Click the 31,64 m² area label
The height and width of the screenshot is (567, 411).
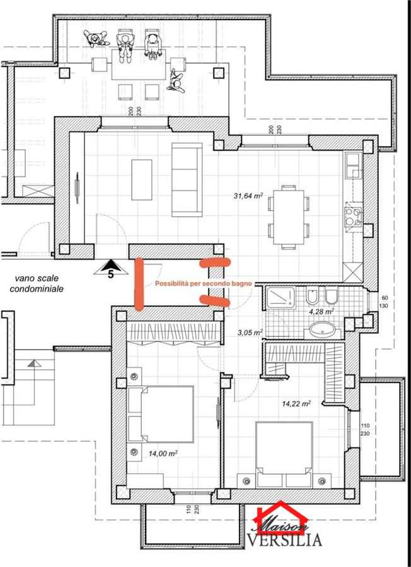(x=248, y=196)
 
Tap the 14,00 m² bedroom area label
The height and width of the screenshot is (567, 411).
(x=163, y=454)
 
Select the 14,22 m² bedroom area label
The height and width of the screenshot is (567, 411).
(x=296, y=404)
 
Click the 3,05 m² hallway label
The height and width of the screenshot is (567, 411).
(x=250, y=332)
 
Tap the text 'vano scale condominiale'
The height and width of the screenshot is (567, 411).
(x=37, y=283)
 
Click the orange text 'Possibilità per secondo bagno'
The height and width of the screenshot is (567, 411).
(x=204, y=283)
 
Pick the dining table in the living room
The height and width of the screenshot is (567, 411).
(x=289, y=217)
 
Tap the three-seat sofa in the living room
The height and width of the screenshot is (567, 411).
(x=187, y=180)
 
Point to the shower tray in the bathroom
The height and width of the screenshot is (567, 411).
(x=280, y=298)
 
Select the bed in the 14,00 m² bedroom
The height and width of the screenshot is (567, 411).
(x=161, y=414)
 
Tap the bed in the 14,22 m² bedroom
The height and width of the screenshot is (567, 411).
(x=284, y=454)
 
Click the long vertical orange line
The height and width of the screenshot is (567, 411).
(x=139, y=284)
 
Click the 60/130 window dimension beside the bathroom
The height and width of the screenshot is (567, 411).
(x=383, y=302)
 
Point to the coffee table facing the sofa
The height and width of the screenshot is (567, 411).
(x=141, y=180)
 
